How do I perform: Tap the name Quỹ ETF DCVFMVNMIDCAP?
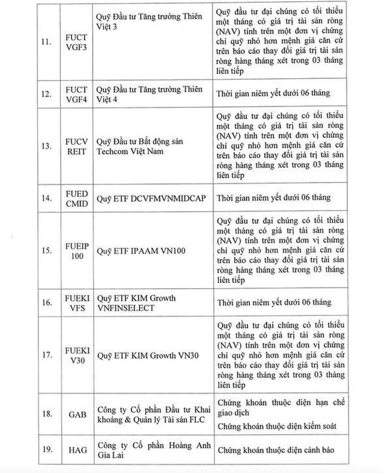tap(151, 198)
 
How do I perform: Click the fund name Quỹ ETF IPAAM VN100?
tap(141, 251)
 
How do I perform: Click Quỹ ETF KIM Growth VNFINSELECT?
tap(136, 303)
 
